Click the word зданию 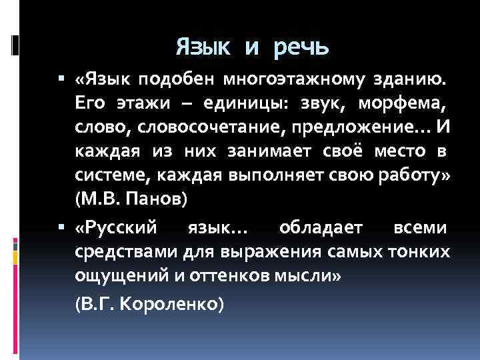[410, 81]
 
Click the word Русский [120, 229]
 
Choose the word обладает [321, 229]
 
